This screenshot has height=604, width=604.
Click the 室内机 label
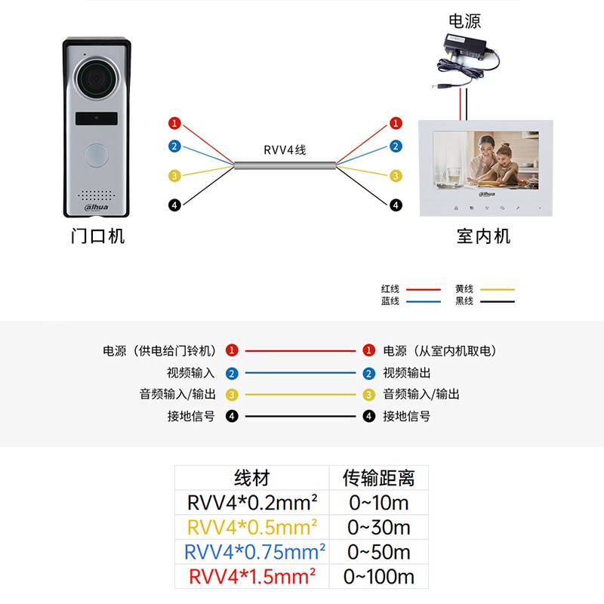click(x=484, y=236)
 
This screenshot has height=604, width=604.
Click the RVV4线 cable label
click(x=285, y=149)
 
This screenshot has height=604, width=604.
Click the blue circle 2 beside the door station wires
click(x=174, y=146)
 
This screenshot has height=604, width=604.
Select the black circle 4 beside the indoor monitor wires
click(x=396, y=205)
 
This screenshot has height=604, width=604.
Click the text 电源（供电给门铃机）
click(x=159, y=351)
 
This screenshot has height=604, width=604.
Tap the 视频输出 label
click(x=407, y=373)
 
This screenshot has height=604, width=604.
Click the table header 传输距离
click(x=379, y=478)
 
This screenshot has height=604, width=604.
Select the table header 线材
click(x=252, y=478)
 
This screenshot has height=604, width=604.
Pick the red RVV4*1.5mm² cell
click(x=252, y=577)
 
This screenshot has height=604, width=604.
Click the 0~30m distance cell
click(x=379, y=527)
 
